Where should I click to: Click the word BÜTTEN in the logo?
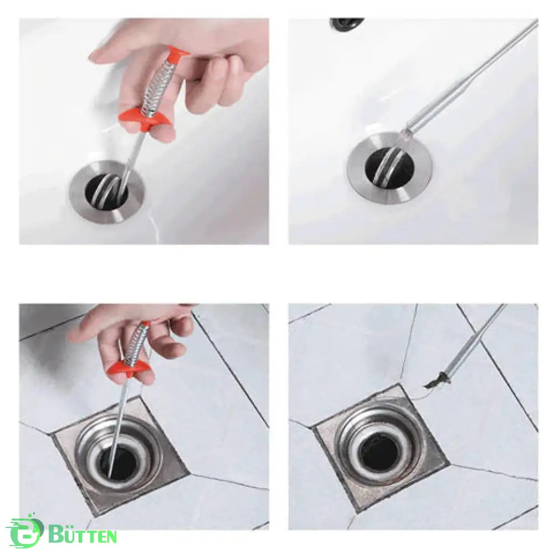[83, 534]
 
